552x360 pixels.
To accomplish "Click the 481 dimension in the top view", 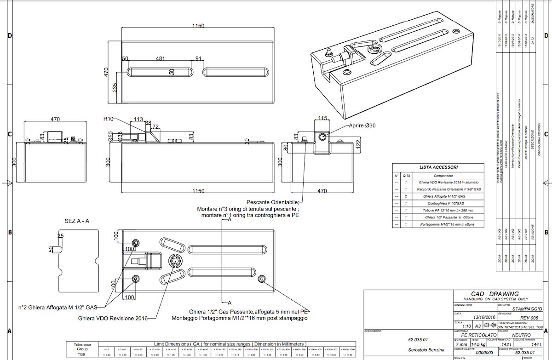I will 160,59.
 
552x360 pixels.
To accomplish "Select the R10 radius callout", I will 108,119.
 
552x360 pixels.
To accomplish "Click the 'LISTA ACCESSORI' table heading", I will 438,168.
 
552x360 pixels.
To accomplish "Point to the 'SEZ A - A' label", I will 77,221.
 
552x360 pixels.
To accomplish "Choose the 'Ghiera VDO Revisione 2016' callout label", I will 110,318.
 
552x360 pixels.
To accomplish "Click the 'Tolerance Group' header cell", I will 83,346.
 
